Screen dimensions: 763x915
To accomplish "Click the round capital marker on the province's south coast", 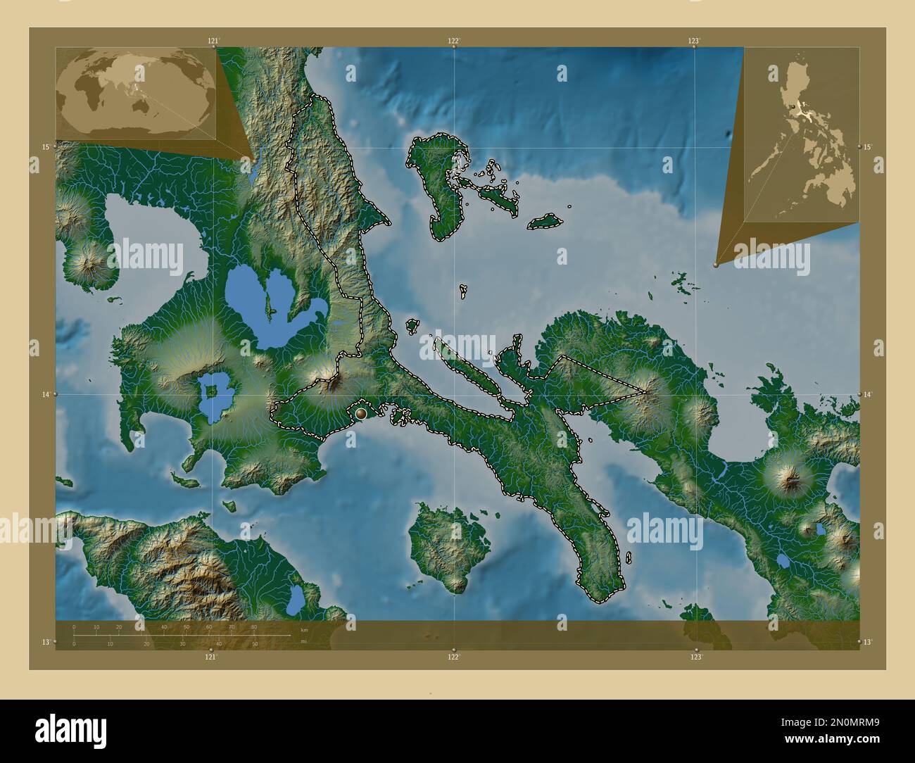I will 361,413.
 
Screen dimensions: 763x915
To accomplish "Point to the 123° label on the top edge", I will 694,42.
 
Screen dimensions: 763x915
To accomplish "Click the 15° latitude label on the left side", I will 45,146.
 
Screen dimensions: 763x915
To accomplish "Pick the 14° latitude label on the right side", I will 868,395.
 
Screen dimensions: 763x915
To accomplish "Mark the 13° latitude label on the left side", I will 45,642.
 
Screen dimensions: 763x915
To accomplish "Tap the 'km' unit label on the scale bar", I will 304,630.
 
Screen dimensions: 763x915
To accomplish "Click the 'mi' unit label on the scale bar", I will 303,641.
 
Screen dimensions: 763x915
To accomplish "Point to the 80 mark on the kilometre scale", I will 253,626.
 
